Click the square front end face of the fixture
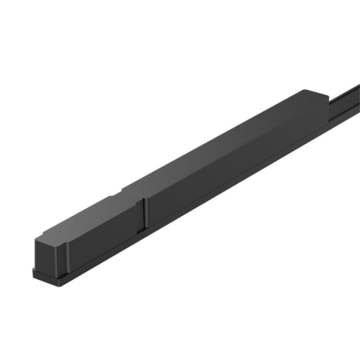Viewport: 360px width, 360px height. tap(49, 255)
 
